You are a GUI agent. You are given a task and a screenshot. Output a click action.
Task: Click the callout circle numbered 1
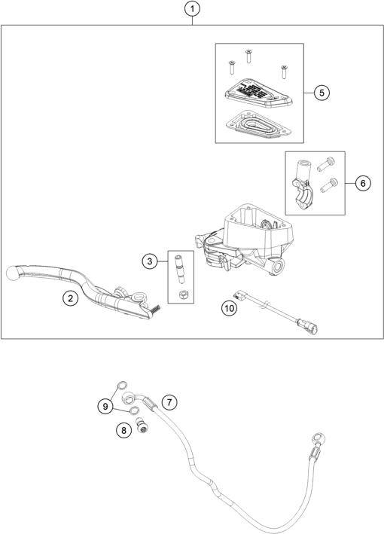(194, 10)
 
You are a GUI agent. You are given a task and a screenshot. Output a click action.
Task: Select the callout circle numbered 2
(70, 299)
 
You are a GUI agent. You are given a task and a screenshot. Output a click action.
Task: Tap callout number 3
(151, 261)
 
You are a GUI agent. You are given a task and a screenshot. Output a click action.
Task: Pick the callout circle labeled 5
(321, 93)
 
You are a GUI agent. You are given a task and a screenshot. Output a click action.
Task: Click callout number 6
(361, 183)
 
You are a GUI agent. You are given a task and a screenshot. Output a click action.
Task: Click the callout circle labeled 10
(227, 307)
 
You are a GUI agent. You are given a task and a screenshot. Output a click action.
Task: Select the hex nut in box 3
(181, 292)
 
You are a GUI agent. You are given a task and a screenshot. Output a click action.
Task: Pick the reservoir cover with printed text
(256, 93)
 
